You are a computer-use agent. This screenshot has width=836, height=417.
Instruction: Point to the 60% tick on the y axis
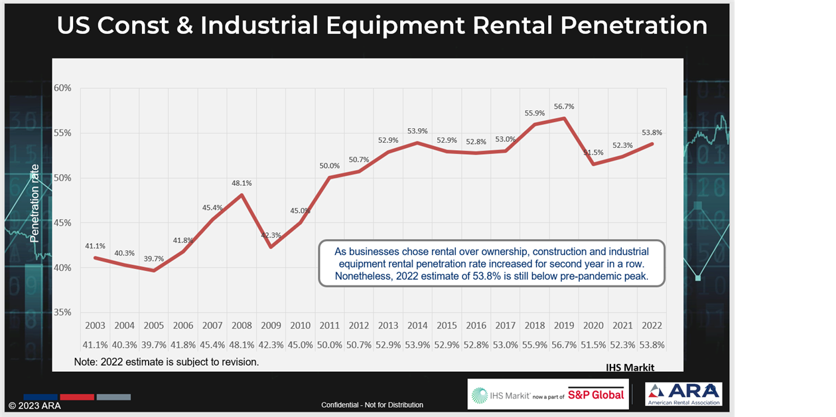[62, 88]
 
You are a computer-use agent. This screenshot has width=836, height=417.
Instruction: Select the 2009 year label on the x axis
[271, 325]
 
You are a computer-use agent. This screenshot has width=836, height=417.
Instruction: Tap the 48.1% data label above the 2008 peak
[241, 183]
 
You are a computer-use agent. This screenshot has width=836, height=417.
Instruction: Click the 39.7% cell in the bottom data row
[153, 345]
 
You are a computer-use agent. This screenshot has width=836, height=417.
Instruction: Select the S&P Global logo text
[596, 394]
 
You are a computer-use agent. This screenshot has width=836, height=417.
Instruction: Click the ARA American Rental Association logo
[683, 394]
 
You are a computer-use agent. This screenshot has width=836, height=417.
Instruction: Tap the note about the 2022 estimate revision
[166, 362]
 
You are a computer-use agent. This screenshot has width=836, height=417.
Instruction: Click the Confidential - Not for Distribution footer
[372, 405]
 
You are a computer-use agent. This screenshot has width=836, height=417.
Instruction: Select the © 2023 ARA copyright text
[34, 405]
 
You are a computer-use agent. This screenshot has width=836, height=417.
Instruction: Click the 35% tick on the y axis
[62, 312]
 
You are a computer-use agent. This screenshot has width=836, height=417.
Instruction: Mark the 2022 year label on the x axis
[652, 325]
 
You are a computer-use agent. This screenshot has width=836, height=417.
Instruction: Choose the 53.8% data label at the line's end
[652, 132]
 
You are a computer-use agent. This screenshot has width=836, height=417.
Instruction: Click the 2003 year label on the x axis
[95, 325]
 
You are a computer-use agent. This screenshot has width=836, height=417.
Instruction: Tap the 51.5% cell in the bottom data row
[594, 345]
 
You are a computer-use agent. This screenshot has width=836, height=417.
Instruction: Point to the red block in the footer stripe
[76, 397]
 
